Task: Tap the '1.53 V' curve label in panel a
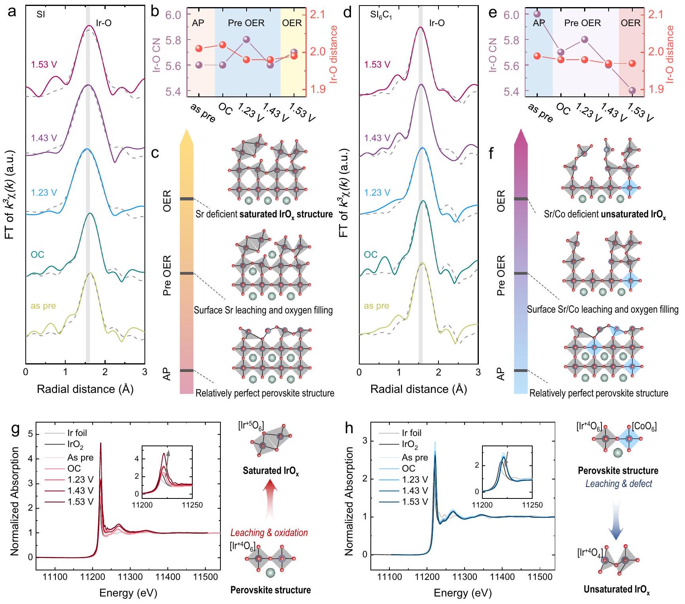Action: coord(44,64)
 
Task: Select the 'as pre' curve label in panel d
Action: coord(376,306)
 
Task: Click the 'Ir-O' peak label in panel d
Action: coord(437,23)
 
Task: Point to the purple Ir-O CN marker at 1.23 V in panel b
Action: coord(246,40)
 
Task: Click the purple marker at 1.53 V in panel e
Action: coord(632,90)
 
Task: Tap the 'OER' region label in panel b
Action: coord(292,23)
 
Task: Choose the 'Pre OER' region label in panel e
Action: coord(583,23)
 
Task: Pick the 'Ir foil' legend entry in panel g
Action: coord(77,433)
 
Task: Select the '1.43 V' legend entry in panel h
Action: coord(415,491)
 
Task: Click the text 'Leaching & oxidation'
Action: coord(269,532)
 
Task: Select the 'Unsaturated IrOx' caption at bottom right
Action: coord(617,589)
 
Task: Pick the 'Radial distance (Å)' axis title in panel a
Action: coord(85,389)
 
